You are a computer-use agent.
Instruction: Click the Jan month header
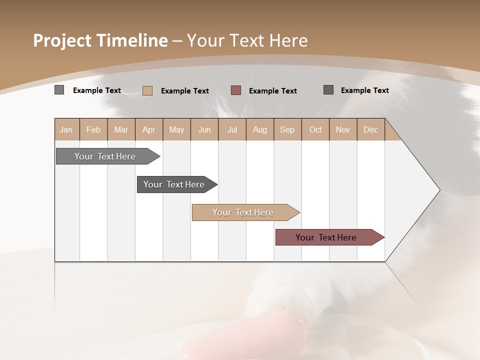tap(66, 129)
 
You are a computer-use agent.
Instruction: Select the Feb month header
tap(93, 129)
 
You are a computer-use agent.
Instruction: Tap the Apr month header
tap(149, 129)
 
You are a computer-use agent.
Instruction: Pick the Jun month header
tap(204, 129)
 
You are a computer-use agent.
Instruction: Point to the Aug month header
tap(260, 129)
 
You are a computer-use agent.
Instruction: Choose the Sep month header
tap(287, 129)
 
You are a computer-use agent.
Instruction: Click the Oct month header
tap(315, 129)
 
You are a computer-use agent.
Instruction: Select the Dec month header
tap(371, 129)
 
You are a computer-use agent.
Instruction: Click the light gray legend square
tap(59, 90)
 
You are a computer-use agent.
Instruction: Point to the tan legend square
tap(147, 90)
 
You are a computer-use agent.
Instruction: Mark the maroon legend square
tap(236, 90)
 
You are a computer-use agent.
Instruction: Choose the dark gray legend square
tap(328, 90)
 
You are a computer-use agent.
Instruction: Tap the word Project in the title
tap(62, 40)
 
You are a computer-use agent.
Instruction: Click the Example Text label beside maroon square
tap(273, 91)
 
